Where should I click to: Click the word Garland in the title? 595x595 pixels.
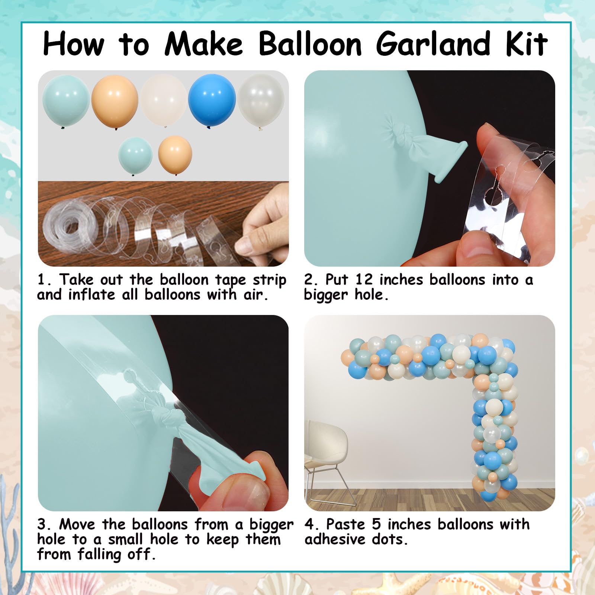pyautogui.click(x=433, y=44)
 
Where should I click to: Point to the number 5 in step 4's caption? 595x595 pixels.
pyautogui.click(x=376, y=524)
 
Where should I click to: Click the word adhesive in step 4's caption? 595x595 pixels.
pyautogui.click(x=335, y=539)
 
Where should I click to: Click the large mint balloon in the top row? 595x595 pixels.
pyautogui.click(x=66, y=101)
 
